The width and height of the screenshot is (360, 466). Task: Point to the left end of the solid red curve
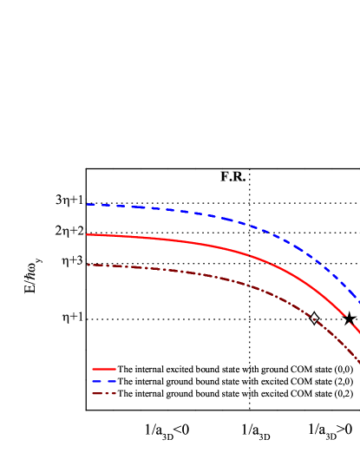click(x=87, y=234)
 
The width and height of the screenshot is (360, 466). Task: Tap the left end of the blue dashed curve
click(x=87, y=205)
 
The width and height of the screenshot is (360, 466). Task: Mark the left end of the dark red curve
click(x=88, y=265)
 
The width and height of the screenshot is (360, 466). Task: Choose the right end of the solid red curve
click(x=359, y=332)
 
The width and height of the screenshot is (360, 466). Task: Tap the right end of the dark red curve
click(x=359, y=362)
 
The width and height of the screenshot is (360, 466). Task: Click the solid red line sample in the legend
click(x=104, y=369)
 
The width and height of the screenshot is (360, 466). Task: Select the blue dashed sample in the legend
click(x=104, y=381)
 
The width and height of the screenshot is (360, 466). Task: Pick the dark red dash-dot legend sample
click(x=104, y=393)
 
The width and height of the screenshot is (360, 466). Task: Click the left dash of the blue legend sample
click(x=96, y=381)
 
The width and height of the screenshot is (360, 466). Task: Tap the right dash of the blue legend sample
click(x=111, y=381)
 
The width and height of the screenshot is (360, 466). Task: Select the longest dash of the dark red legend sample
click(x=98, y=393)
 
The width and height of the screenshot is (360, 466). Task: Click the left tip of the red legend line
click(x=93, y=369)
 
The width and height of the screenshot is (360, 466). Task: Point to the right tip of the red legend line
click(x=115, y=369)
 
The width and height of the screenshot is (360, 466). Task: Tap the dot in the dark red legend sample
click(x=108, y=393)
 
